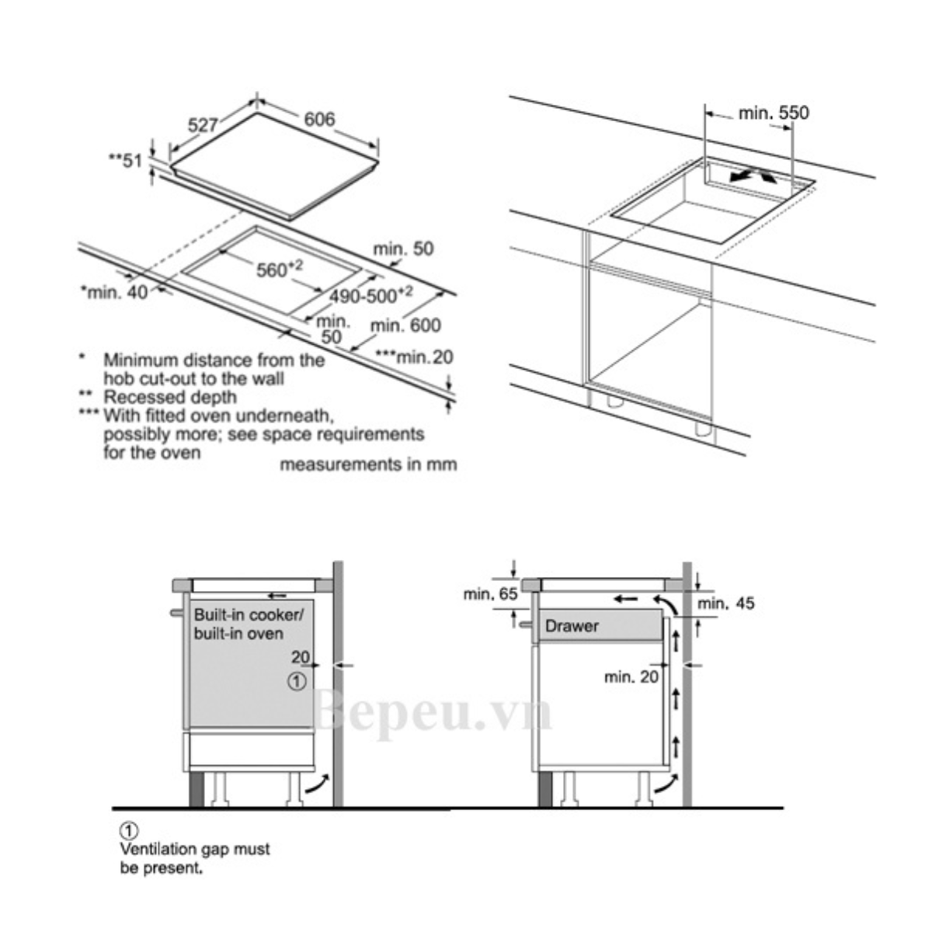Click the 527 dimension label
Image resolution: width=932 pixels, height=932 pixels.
[203, 125]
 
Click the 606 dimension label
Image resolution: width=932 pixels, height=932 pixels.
[319, 119]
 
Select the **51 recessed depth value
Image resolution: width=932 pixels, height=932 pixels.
[126, 161]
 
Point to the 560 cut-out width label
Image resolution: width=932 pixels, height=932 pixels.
[280, 269]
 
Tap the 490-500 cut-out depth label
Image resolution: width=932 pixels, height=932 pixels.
[371, 295]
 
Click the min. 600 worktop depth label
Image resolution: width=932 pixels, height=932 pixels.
[405, 325]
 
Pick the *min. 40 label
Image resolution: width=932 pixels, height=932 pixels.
[114, 292]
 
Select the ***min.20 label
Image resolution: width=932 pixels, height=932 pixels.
[415, 357]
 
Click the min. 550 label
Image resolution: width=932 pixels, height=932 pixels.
[774, 113]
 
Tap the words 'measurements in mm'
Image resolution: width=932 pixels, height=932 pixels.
[369, 464]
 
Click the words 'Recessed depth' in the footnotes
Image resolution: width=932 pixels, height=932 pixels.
[170, 397]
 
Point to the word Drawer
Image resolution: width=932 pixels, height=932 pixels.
[572, 626]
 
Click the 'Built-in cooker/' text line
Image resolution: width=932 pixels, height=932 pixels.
[249, 615]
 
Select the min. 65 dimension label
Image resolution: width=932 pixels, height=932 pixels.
[490, 594]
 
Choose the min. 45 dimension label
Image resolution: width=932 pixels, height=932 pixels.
[726, 603]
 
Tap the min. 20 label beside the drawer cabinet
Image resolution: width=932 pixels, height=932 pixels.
[631, 677]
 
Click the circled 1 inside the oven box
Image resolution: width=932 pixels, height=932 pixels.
[297, 682]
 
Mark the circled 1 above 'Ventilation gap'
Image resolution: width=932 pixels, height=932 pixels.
[129, 831]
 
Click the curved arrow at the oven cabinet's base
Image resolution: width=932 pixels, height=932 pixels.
[318, 784]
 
